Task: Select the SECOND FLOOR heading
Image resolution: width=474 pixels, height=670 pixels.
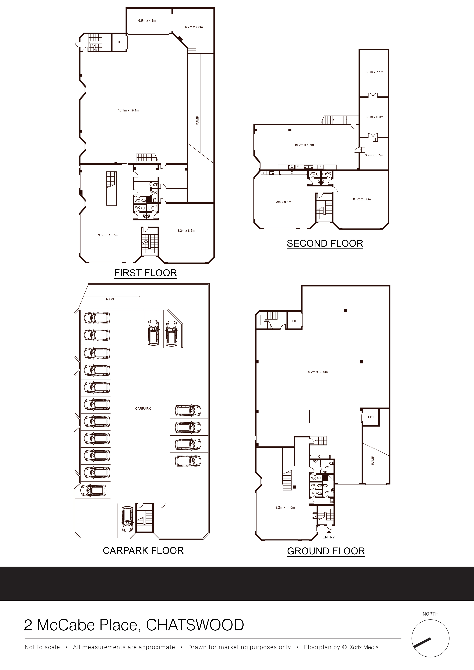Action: pyautogui.click(x=325, y=243)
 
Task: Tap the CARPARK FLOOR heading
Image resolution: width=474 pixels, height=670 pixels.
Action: pyautogui.click(x=143, y=551)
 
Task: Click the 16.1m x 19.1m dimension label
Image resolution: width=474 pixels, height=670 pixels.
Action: pyautogui.click(x=128, y=110)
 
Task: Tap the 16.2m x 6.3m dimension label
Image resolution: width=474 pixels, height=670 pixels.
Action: pyautogui.click(x=304, y=145)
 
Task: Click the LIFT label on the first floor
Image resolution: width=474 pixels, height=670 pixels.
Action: pyautogui.click(x=120, y=42)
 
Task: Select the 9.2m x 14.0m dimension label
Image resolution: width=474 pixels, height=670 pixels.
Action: pyautogui.click(x=285, y=508)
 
